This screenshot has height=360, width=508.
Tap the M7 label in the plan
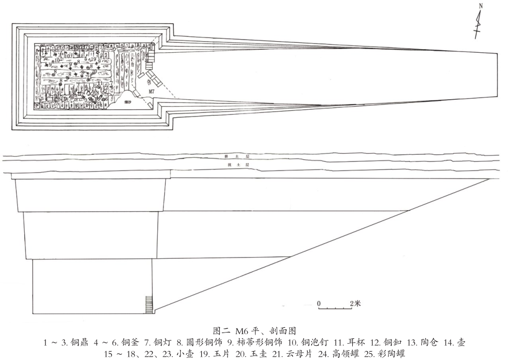click(152, 92)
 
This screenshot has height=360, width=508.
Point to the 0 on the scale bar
click(319, 303)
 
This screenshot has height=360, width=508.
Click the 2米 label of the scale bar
click(355, 303)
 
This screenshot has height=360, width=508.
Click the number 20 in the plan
click(95, 71)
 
